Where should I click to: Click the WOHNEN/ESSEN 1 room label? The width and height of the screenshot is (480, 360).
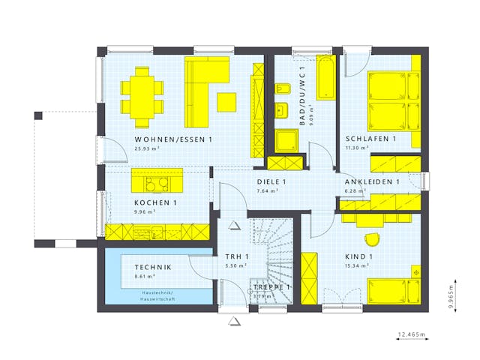pos(173,140)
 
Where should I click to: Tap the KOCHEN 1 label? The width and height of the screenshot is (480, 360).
pos(155,203)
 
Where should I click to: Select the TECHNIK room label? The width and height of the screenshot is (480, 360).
pos(153,268)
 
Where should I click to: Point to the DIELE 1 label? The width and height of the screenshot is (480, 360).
pos(271,182)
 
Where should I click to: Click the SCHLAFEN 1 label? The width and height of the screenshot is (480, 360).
pos(370,139)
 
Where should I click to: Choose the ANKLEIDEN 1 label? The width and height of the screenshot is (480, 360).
pos(371,182)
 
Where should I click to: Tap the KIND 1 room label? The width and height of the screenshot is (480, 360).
pos(360,256)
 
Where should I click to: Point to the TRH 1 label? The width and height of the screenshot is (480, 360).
pos(236,257)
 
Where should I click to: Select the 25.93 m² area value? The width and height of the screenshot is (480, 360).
pos(146,148)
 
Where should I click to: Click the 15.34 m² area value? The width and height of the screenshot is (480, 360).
pos(356,265)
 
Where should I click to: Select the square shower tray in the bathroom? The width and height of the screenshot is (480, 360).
pos(288,140)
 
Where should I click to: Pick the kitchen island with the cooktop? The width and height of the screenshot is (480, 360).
pos(157,180)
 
